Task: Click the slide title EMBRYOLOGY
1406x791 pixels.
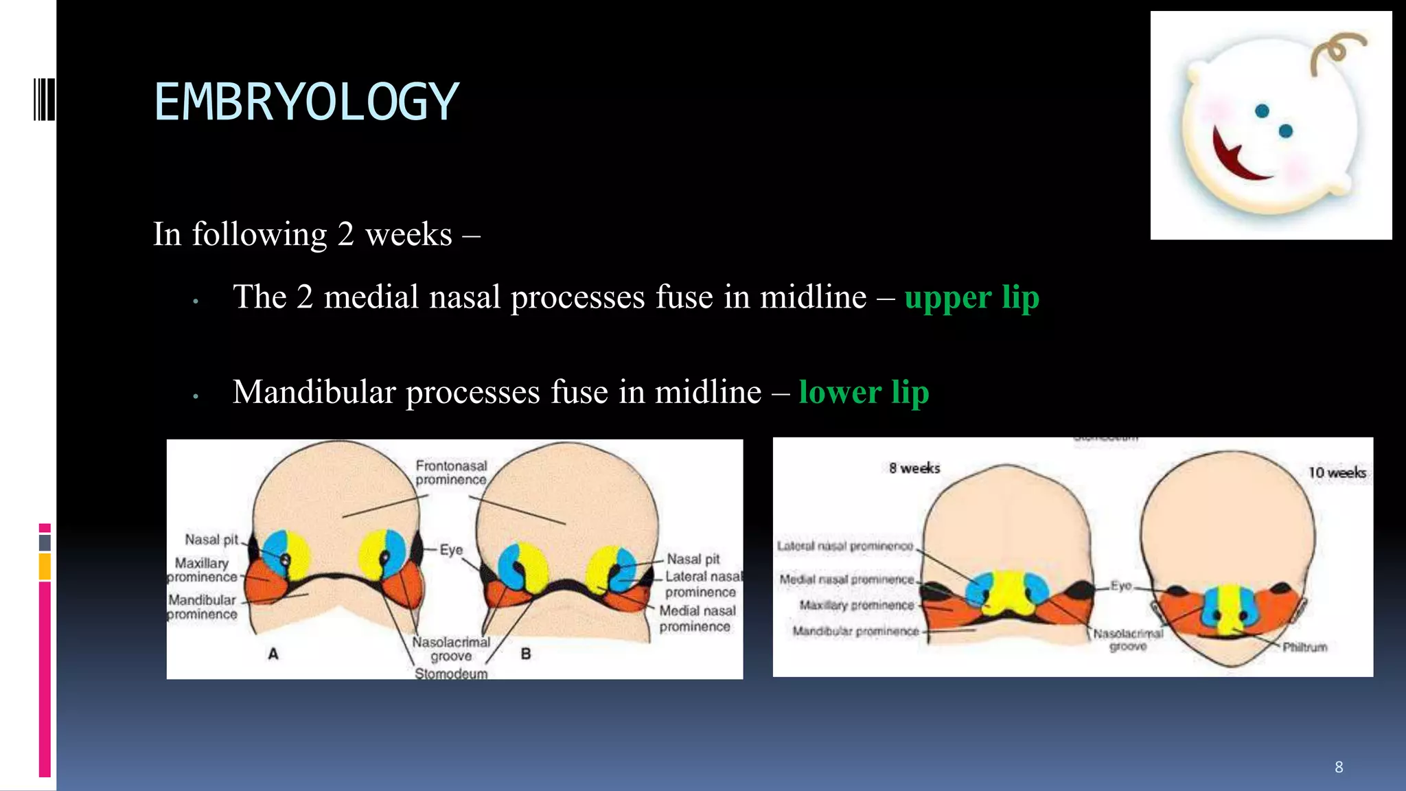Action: point(306,102)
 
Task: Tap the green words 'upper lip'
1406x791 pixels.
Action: point(971,297)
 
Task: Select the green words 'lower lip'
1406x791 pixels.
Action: point(864,392)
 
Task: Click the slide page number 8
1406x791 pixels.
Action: point(1338,767)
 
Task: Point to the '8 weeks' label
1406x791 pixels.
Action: point(914,468)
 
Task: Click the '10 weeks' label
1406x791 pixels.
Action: point(1336,472)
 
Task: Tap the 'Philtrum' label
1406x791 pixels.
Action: point(1304,647)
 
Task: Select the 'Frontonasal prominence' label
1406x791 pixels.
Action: point(451,472)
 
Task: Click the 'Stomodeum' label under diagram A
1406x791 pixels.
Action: point(451,674)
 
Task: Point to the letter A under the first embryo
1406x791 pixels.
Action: point(273,654)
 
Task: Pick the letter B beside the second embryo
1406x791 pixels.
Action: point(526,654)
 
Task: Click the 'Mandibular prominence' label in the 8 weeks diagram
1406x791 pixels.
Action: point(855,631)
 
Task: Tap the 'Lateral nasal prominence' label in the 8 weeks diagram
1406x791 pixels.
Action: point(845,546)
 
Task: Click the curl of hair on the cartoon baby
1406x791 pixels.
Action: point(1335,51)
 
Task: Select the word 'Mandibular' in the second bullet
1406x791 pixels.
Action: point(314,392)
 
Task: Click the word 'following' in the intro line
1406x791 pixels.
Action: point(260,234)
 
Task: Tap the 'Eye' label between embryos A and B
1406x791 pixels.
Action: point(451,550)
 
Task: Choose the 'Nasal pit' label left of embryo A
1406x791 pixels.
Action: point(211,540)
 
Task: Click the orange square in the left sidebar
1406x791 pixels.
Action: point(45,567)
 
